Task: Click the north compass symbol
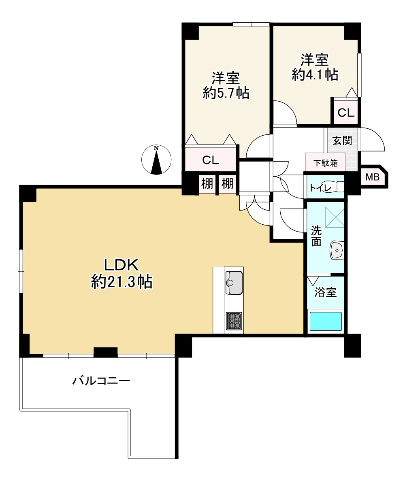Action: [156, 160]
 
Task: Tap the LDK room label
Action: [122, 265]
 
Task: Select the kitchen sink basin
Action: [234, 283]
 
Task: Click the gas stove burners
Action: [234, 321]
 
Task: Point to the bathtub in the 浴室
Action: [326, 321]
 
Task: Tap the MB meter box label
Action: [373, 177]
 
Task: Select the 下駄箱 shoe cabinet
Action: [326, 162]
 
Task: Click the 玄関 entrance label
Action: [342, 140]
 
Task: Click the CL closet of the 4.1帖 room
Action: [346, 111]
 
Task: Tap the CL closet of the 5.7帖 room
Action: [211, 160]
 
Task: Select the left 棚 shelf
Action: [207, 184]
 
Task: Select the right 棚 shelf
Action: [227, 184]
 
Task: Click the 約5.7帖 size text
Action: [226, 93]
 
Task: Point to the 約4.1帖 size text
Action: [315, 74]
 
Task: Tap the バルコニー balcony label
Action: [101, 381]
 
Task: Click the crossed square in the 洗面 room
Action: [335, 217]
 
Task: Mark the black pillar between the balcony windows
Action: [106, 352]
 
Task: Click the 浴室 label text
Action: [325, 292]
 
